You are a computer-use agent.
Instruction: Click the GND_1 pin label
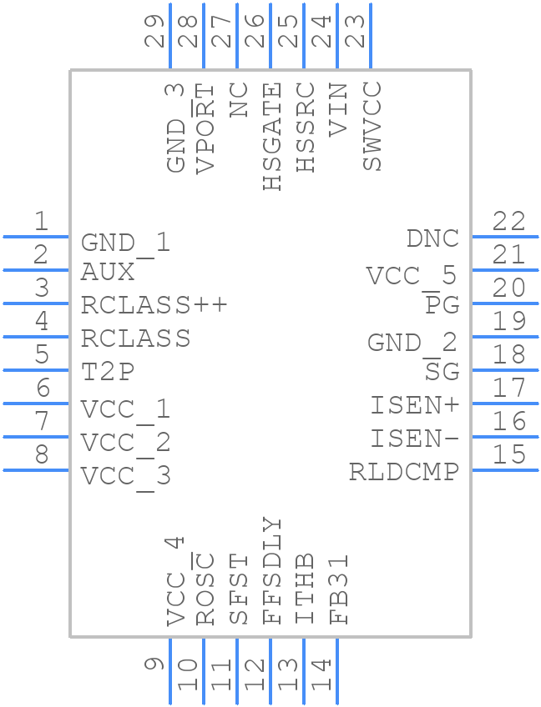click(x=125, y=243)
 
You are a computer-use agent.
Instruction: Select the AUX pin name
click(x=108, y=272)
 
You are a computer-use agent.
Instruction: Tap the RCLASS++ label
click(x=154, y=305)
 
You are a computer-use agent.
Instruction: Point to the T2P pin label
click(x=108, y=372)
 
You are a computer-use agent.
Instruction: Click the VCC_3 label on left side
click(x=125, y=476)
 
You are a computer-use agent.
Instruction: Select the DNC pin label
click(x=432, y=238)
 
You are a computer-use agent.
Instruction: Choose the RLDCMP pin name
click(x=404, y=472)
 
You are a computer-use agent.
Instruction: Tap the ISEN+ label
click(x=415, y=405)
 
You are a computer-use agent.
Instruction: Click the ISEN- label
click(x=415, y=439)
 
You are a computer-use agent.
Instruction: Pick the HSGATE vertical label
click(x=273, y=137)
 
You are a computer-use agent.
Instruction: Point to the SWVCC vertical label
click(x=372, y=127)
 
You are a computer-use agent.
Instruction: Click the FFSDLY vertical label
click(x=273, y=571)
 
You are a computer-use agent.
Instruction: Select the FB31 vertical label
click(x=339, y=589)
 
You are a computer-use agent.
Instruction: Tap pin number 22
click(x=508, y=221)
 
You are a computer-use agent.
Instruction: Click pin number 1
click(x=40, y=221)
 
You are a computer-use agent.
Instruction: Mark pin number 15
click(x=508, y=454)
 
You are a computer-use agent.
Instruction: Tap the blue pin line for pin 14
click(x=337, y=672)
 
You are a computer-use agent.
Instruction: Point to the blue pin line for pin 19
click(x=505, y=337)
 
